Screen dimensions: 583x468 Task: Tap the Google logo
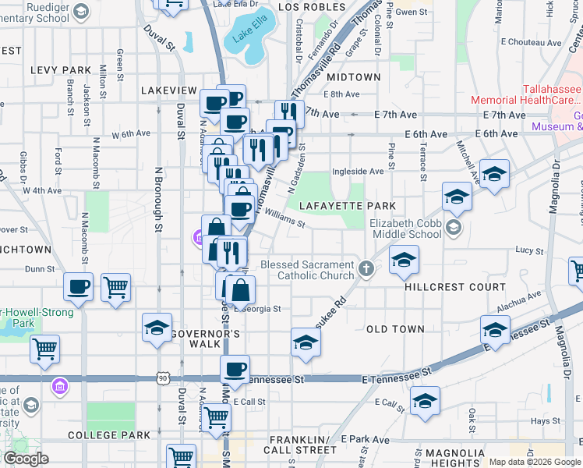26,459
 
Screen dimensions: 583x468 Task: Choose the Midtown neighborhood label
354,78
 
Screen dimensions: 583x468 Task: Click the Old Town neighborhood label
395,329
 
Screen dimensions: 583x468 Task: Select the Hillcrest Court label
445,287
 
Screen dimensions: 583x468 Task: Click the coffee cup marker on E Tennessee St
235,370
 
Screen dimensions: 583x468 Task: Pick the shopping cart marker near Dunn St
115,288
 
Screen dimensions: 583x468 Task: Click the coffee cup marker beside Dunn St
78,288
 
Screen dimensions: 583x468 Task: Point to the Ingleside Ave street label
358,172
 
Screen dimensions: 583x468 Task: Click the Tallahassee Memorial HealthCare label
527,94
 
